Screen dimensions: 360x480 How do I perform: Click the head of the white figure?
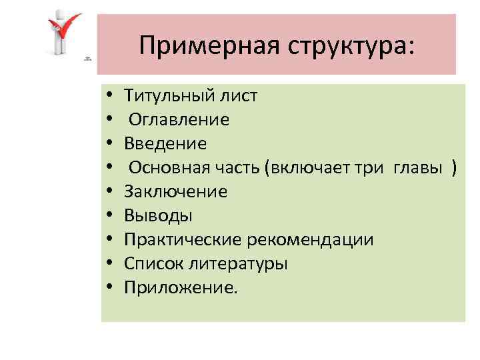(x=61, y=15)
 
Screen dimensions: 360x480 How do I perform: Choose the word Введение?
(x=165, y=143)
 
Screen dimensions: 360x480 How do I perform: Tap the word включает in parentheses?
(x=307, y=167)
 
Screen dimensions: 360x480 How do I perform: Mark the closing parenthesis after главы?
(x=454, y=168)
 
